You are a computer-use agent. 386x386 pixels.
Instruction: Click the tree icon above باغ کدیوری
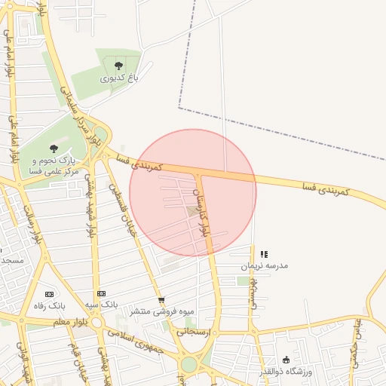(x=117, y=66)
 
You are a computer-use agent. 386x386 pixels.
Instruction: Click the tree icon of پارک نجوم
(x=52, y=149)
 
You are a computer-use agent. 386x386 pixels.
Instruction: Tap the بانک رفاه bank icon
(x=51, y=293)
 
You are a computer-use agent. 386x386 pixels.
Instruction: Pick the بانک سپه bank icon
(x=101, y=293)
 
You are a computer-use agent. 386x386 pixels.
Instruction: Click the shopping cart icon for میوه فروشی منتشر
(x=161, y=299)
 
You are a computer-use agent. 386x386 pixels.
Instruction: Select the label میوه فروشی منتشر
(x=161, y=311)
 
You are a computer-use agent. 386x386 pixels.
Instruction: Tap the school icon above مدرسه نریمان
(x=263, y=255)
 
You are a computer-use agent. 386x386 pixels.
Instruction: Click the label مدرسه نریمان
(x=264, y=266)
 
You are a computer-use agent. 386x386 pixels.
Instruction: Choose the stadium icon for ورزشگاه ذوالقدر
(x=286, y=360)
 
